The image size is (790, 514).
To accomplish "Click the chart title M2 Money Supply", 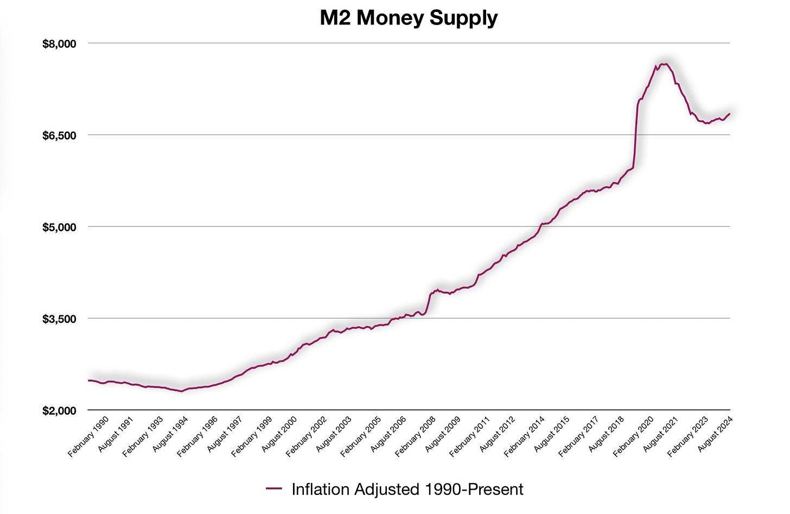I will (408, 18).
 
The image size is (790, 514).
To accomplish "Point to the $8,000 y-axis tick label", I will (59, 43).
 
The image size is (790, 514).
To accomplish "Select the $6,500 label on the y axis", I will (59, 135).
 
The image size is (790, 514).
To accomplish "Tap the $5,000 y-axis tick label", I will (59, 227).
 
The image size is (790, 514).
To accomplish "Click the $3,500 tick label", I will (59, 319).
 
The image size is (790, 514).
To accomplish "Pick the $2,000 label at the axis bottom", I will (59, 410).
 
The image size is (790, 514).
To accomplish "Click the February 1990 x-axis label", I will (88, 436).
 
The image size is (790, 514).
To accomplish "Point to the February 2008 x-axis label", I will (415, 436).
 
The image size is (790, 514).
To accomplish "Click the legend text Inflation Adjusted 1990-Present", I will (407, 489).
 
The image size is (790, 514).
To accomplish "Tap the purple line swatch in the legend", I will (274, 489).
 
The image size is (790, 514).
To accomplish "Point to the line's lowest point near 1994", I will (181, 391).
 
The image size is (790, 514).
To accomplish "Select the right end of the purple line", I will (730, 113).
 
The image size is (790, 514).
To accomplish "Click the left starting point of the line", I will (88, 380).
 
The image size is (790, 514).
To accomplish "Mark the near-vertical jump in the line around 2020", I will (635, 136).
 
